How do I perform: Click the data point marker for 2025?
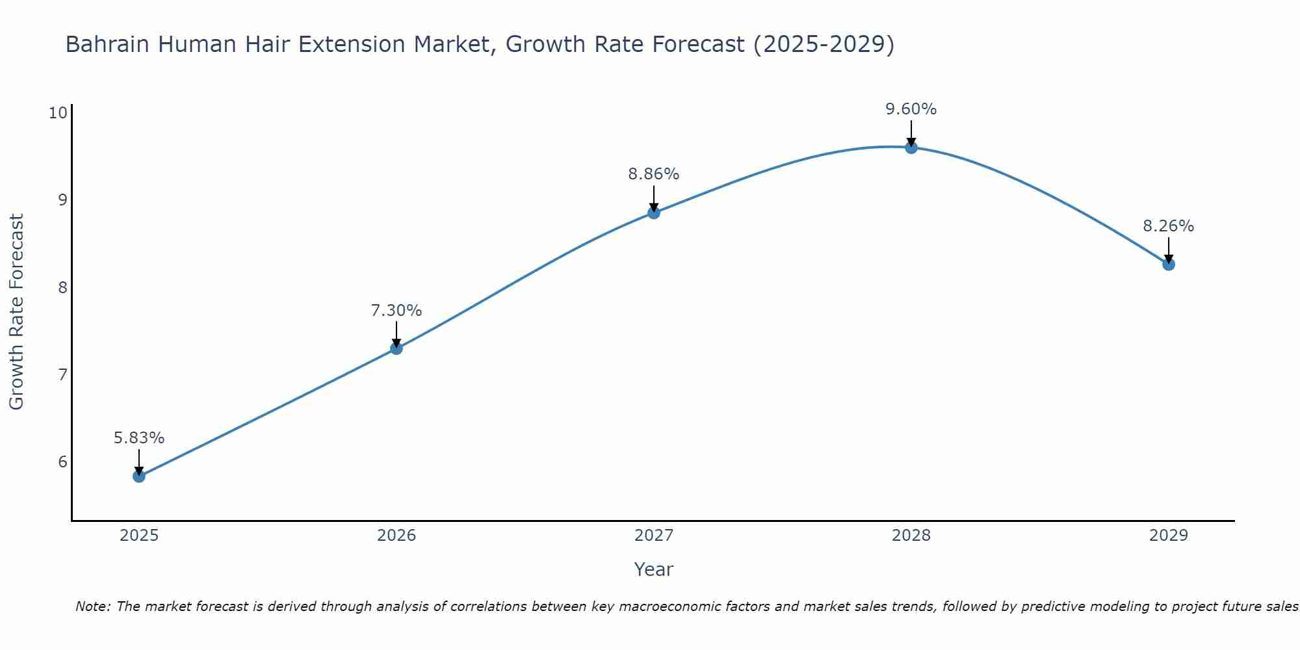tap(139, 476)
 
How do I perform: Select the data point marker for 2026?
tap(396, 348)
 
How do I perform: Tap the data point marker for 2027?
tap(654, 213)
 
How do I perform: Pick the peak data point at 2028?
tap(911, 148)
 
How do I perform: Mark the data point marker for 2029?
tap(1169, 265)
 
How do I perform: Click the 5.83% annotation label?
tap(139, 438)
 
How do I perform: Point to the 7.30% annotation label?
tap(396, 311)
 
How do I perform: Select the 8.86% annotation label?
tap(654, 174)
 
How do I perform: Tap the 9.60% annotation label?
tap(911, 109)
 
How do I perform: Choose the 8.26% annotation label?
tap(1169, 226)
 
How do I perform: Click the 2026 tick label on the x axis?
tap(396, 536)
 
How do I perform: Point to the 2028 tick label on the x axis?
tap(911, 536)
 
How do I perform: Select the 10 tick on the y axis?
tap(58, 113)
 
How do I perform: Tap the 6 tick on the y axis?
tap(63, 461)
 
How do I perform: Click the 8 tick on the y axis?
tap(63, 287)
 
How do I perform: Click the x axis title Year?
tap(654, 569)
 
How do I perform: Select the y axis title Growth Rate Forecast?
tap(17, 312)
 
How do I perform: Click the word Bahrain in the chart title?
tap(107, 45)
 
